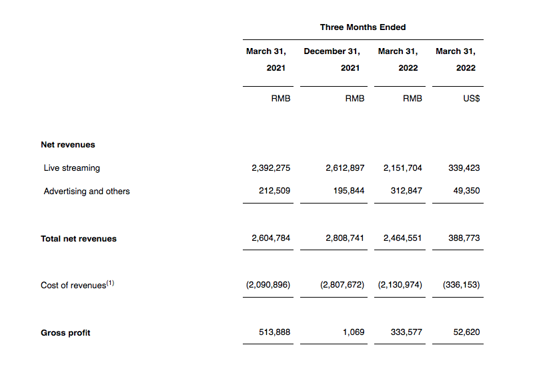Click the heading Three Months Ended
click(x=363, y=27)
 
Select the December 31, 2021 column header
click(x=332, y=59)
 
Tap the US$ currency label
click(x=471, y=98)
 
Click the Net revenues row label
click(x=68, y=144)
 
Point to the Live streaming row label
click(x=71, y=168)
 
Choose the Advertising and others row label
click(x=87, y=192)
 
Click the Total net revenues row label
click(x=79, y=238)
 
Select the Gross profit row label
click(x=65, y=333)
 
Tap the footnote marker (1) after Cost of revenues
click(x=111, y=283)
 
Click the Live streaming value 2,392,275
click(x=271, y=168)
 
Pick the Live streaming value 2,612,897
click(x=345, y=168)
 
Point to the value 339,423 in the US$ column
click(x=464, y=168)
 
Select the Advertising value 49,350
click(x=466, y=192)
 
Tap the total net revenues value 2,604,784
click(x=271, y=238)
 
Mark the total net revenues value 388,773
click(x=464, y=238)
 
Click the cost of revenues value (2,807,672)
click(x=342, y=285)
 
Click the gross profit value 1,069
click(x=354, y=332)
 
